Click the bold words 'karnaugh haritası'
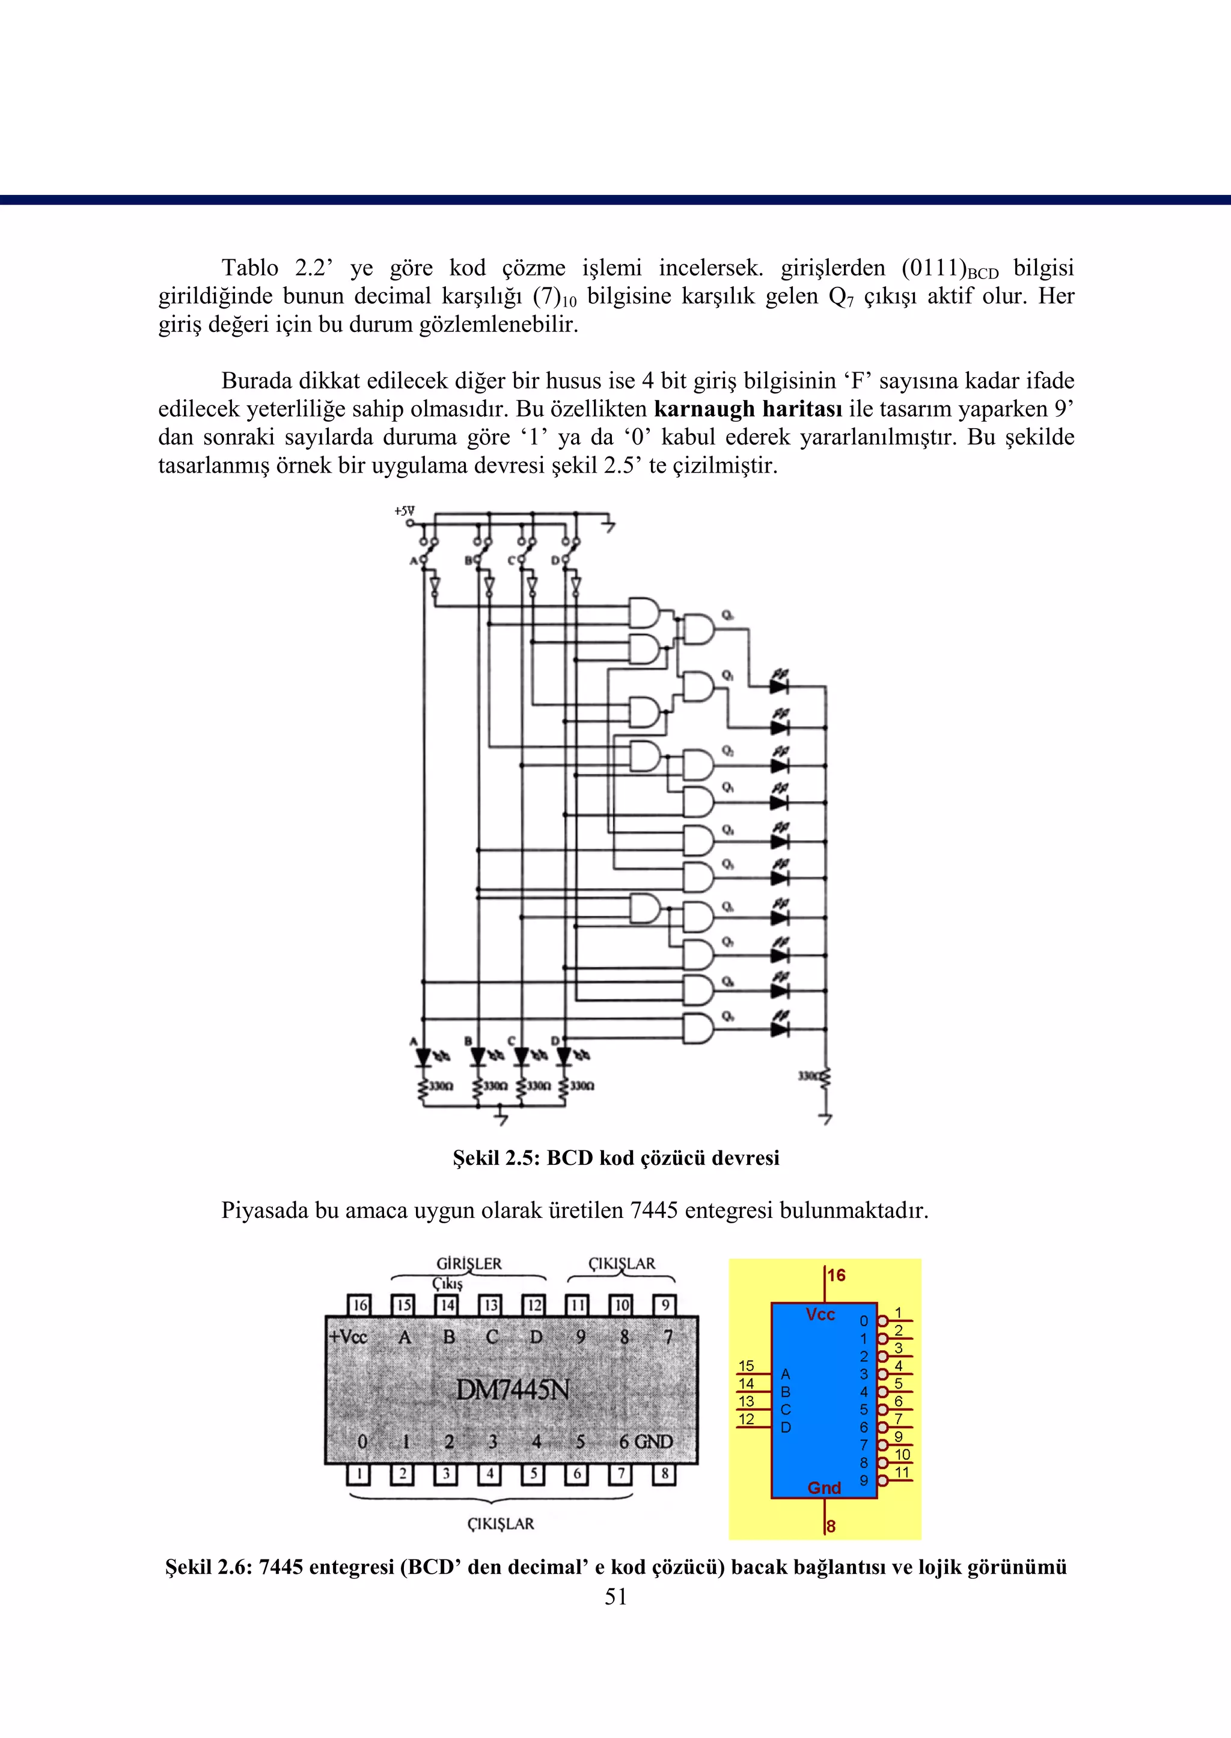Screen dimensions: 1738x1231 coord(747,409)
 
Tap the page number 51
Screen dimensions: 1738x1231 coord(615,1596)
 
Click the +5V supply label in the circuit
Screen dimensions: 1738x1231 coord(404,512)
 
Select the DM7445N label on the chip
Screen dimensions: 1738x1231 coord(512,1389)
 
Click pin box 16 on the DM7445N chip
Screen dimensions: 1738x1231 coord(358,1305)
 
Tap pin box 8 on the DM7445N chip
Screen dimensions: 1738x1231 coord(665,1474)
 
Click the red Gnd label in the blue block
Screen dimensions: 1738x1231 coord(824,1488)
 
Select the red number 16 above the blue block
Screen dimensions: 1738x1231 coord(836,1276)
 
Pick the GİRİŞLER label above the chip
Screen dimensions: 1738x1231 coord(468,1264)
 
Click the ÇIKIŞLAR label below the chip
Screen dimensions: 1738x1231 coord(500,1523)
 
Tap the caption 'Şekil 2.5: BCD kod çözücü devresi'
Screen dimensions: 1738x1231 coord(615,1158)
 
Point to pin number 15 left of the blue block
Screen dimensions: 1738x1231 coord(746,1366)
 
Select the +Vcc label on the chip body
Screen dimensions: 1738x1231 coord(347,1337)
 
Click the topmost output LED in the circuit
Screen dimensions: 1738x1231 coord(779,686)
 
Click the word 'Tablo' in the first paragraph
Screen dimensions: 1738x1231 coord(249,268)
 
